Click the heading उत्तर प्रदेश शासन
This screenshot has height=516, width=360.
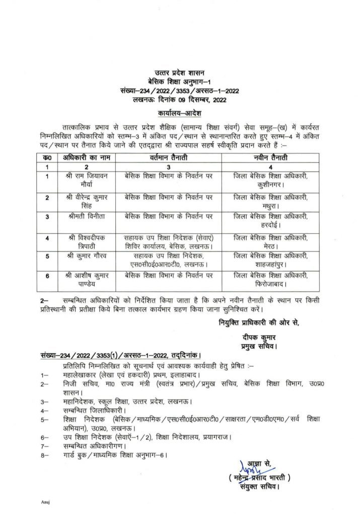179,75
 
